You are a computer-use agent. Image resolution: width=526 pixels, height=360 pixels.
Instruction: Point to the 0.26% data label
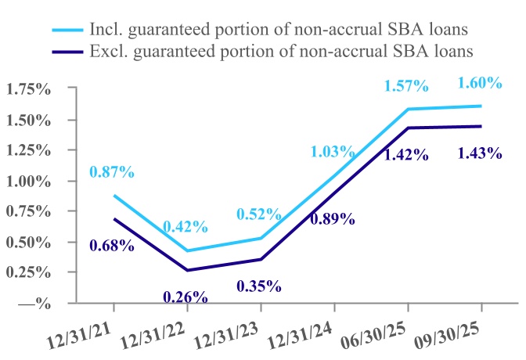186,297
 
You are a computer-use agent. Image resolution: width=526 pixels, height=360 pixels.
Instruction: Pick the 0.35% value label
258,285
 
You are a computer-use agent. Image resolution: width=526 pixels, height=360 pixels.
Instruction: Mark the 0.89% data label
333,219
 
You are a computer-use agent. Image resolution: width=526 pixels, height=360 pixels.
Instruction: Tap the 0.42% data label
186,227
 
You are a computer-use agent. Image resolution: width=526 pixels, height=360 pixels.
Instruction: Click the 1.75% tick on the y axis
29,89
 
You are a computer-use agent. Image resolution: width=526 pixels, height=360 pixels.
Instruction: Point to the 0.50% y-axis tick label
29,242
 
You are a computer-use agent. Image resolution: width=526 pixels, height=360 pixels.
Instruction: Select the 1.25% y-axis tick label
29,150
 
